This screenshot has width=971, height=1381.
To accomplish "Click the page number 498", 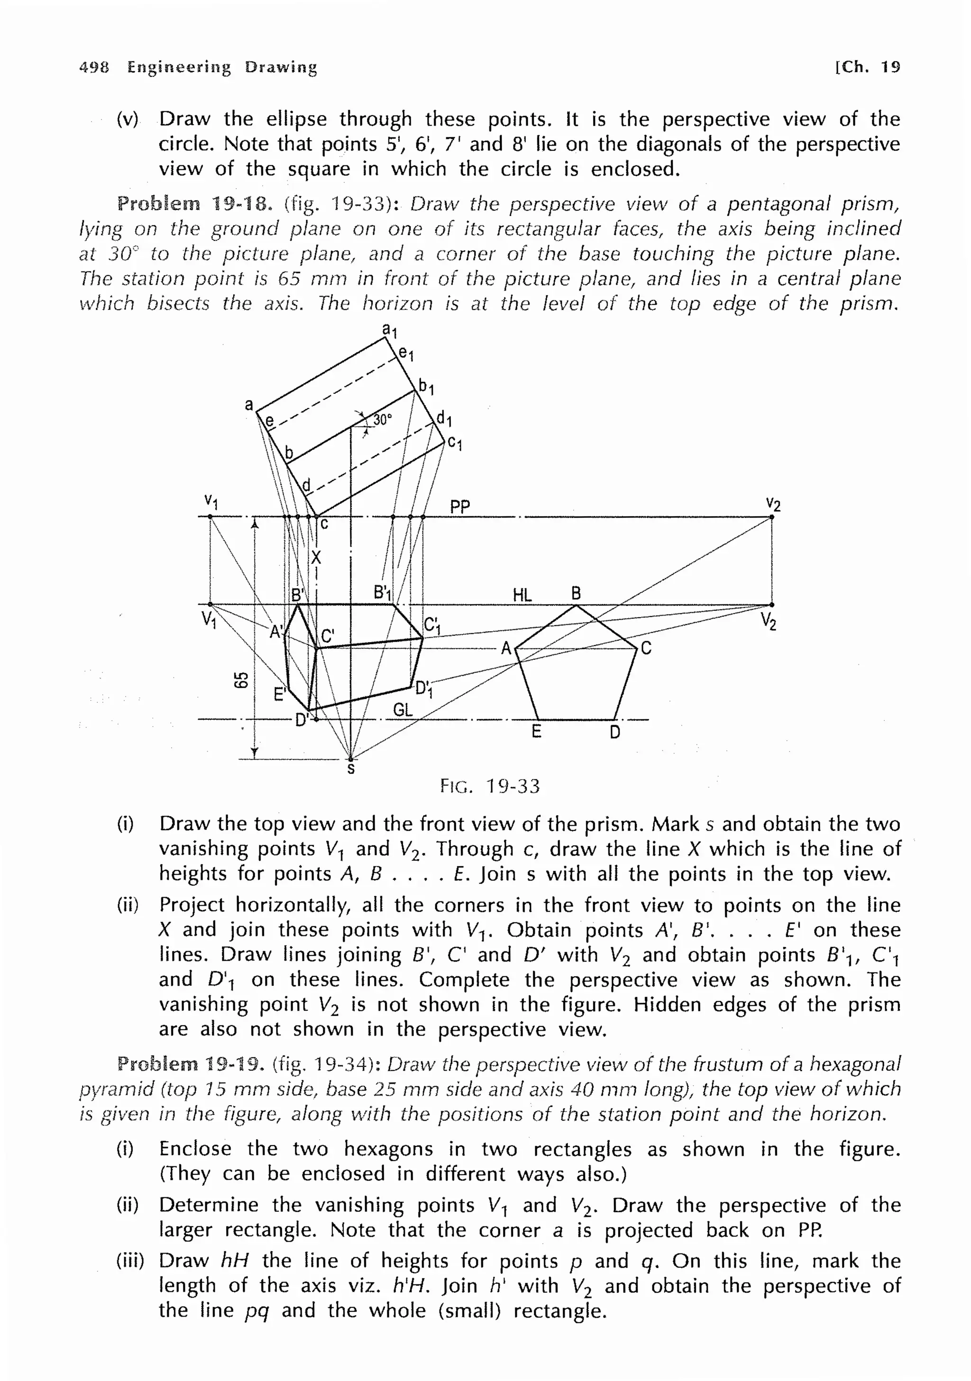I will point(94,67).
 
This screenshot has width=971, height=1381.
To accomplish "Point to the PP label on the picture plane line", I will point(460,507).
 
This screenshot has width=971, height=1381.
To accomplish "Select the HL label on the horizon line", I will point(522,595).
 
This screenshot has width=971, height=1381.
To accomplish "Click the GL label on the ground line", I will point(403,710).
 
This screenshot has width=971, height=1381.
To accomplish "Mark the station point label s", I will point(351,769).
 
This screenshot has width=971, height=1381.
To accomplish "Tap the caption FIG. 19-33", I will point(490,786).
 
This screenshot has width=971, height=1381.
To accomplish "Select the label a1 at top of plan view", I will point(390,330).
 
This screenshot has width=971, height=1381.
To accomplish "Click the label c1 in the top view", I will point(454,445).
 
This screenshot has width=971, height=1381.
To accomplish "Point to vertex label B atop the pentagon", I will point(576,594).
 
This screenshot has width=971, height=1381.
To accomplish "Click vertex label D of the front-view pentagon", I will point(615,732).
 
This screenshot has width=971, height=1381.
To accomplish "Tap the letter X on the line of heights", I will point(316,558).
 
